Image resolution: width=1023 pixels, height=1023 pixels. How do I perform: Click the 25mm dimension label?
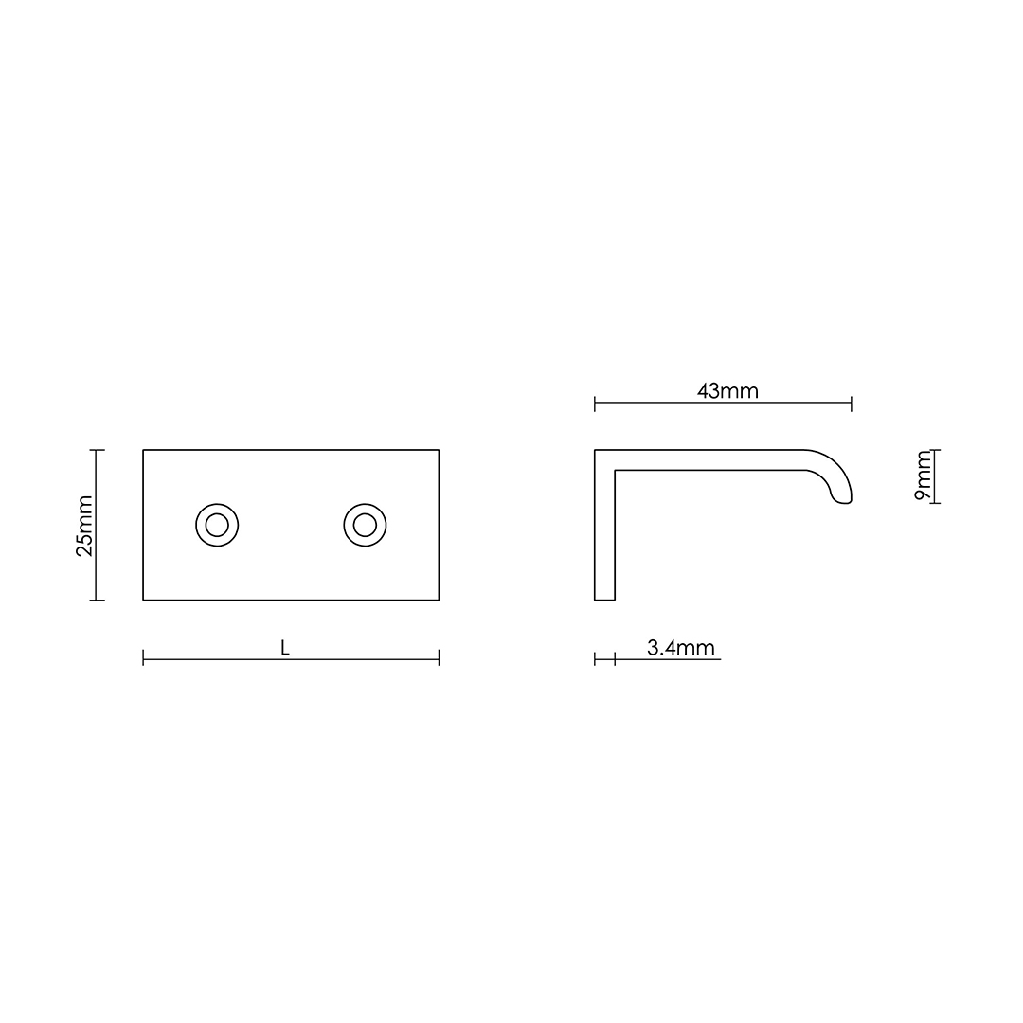point(84,526)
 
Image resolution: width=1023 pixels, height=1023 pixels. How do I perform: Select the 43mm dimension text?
point(727,391)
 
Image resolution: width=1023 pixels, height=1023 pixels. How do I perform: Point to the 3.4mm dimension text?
point(680,648)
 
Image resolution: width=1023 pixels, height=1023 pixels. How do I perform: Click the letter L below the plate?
point(285,648)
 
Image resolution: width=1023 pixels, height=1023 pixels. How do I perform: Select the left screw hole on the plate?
point(217,525)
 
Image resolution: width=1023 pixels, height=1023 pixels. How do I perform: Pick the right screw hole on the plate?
point(365,525)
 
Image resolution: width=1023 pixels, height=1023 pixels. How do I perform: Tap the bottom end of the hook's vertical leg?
point(604,599)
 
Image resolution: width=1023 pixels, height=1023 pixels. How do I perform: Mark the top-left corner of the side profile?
point(596,451)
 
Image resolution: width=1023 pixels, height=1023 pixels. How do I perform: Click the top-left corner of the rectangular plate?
point(144,451)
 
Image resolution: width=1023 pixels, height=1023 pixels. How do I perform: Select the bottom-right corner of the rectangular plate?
point(439,600)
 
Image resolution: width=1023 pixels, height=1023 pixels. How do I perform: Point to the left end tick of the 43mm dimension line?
point(595,404)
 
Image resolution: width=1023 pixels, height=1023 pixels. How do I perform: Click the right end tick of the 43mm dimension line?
point(852,404)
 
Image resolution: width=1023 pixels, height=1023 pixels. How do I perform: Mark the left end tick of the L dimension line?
point(143,657)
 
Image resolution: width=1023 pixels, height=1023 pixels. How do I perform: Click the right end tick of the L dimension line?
point(439,657)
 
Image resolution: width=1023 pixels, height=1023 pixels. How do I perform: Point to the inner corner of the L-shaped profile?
point(616,470)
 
